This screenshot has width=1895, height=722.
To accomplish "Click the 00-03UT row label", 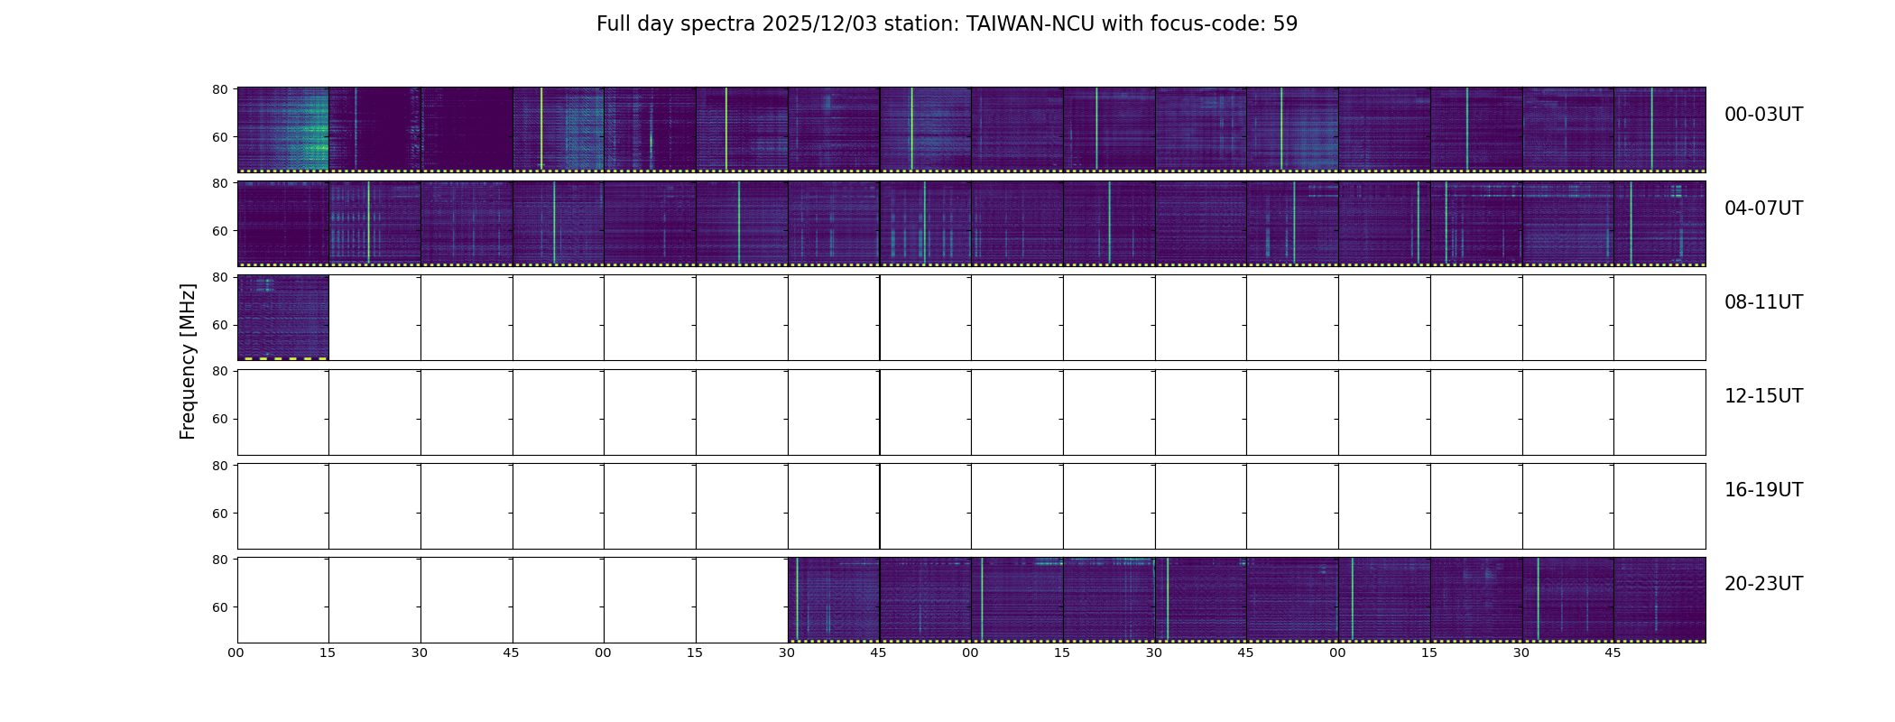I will coord(1763,115).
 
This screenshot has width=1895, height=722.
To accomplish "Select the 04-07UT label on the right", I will coord(1763,208).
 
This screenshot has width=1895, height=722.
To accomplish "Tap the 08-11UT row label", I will coord(1763,302).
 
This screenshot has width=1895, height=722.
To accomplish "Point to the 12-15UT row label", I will coord(1763,396).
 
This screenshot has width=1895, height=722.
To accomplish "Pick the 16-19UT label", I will coord(1763,490).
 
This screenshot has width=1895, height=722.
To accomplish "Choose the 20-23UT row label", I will coord(1763,584).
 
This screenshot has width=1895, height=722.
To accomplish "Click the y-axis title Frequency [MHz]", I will coord(188,361).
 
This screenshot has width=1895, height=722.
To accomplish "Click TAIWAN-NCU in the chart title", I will coord(1031,24).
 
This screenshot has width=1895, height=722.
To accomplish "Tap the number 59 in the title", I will coord(1285,24).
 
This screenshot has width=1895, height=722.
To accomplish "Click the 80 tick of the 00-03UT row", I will coord(219,89).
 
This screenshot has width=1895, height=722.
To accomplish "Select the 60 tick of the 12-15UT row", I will coord(219,419).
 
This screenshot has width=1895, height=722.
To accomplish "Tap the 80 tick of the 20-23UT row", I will coord(219,560).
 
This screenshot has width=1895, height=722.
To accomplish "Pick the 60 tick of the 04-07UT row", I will coord(219,231).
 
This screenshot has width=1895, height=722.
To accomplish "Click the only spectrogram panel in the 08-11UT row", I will coord(282,317).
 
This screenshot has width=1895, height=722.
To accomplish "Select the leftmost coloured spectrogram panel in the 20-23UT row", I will coord(833,599).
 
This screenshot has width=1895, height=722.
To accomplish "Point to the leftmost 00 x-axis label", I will coord(236,653).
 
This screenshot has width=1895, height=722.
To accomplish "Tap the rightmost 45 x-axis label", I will coord(1613,653).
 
